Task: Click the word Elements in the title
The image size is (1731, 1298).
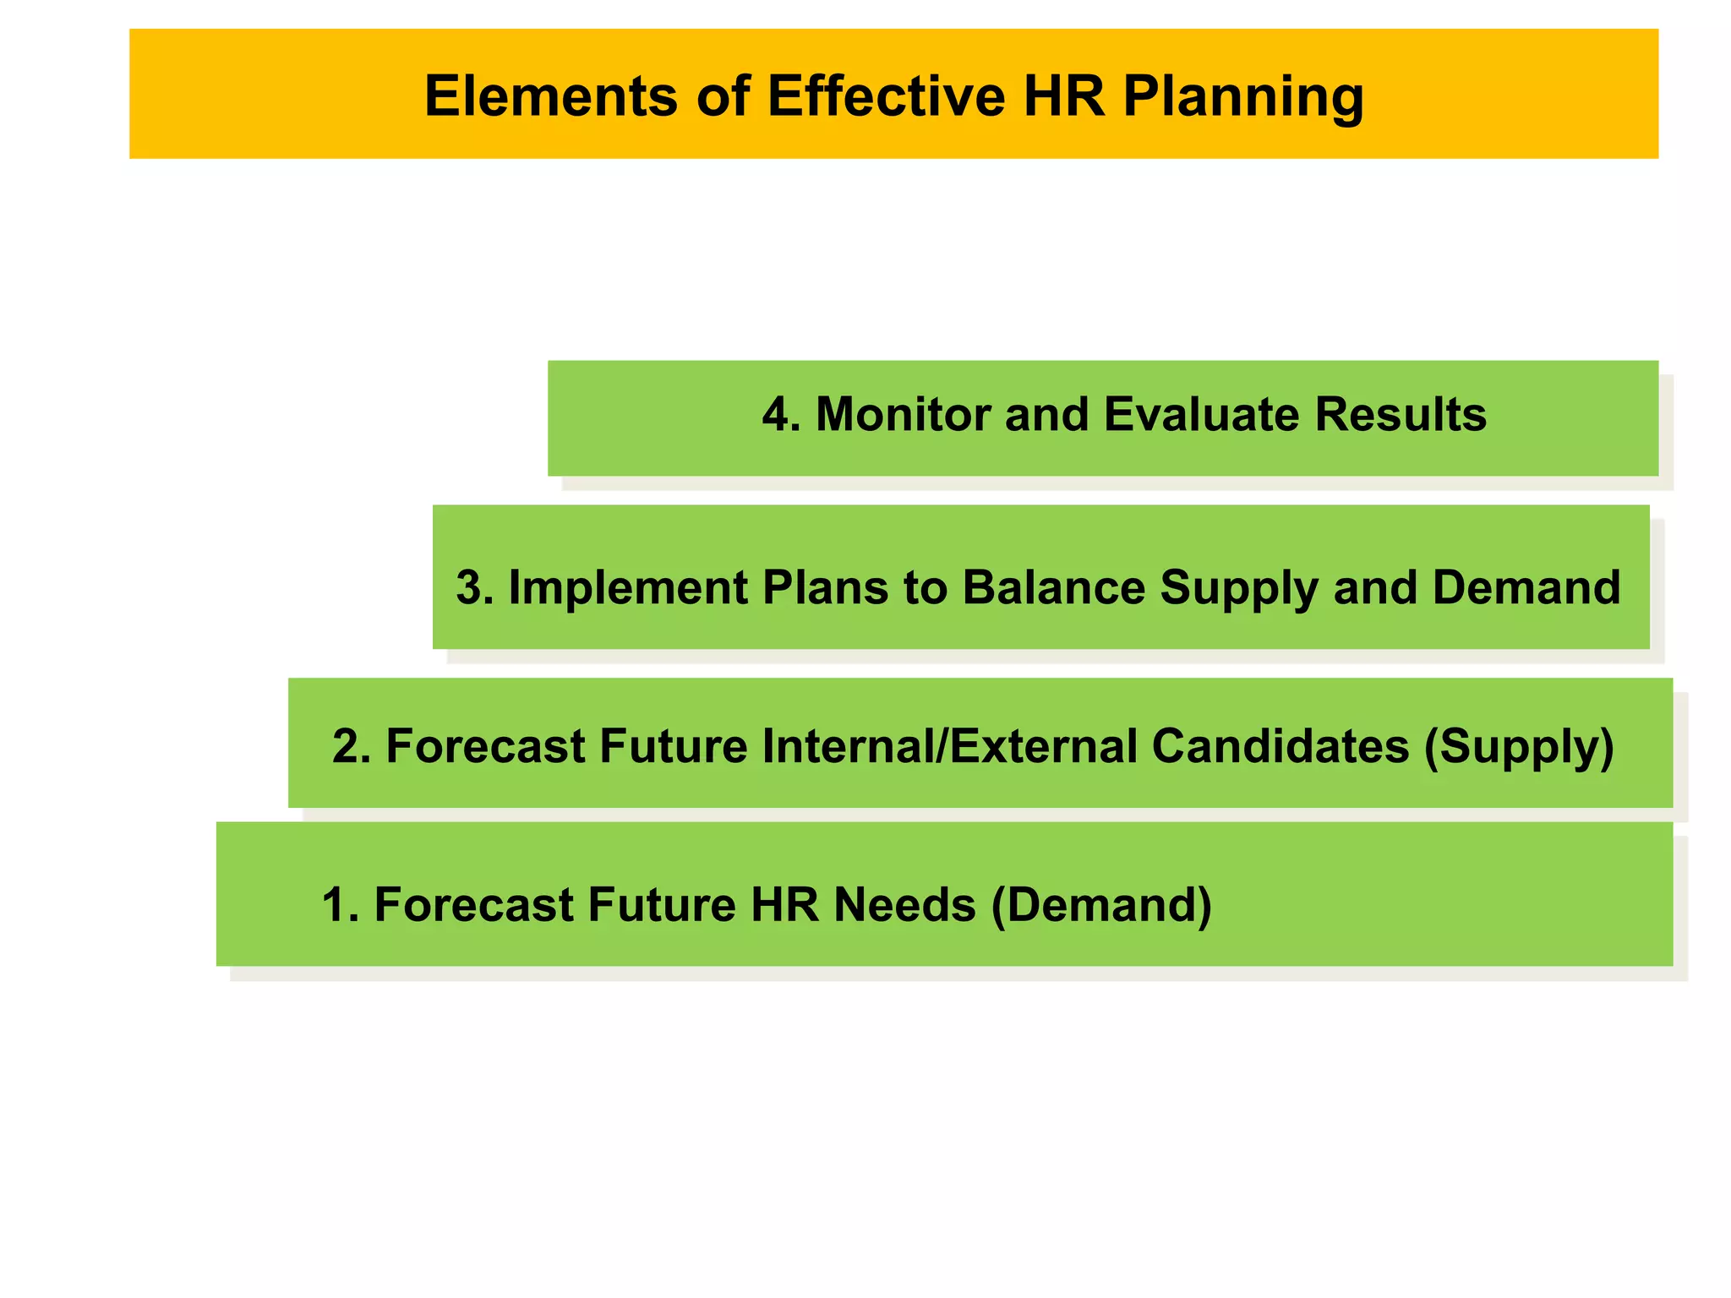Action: tap(550, 95)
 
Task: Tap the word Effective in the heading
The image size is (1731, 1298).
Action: tap(886, 95)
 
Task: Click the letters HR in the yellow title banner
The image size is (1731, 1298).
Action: tap(1063, 95)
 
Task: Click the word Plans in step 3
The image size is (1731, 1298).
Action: tap(825, 587)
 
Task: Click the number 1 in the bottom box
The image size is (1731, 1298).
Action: tap(336, 905)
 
